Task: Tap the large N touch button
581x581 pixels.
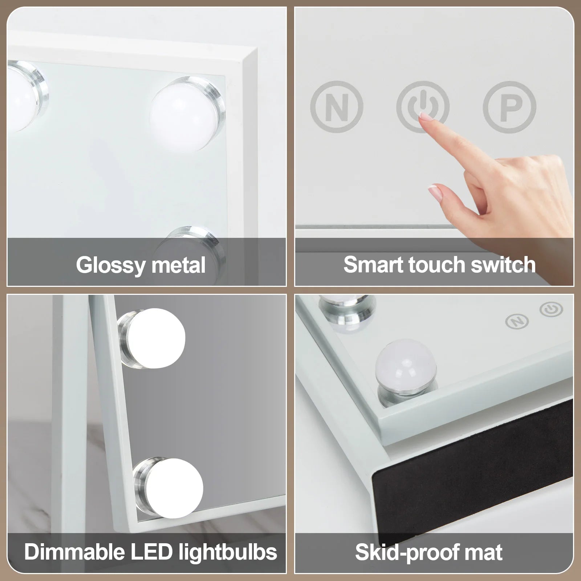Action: [x=337, y=107]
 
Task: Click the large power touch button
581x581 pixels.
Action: [x=423, y=107]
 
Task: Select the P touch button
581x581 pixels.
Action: [x=509, y=107]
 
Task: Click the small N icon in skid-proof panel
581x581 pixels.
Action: [x=517, y=321]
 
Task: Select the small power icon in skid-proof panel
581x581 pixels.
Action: [x=551, y=310]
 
